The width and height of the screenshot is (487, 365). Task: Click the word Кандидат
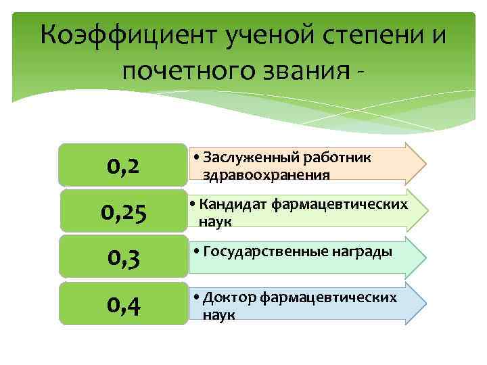(x=235, y=203)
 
